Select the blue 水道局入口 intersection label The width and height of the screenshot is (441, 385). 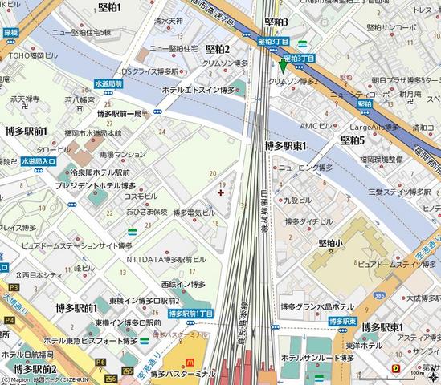(x=38, y=161)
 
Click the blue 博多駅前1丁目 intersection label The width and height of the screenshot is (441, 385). (x=190, y=314)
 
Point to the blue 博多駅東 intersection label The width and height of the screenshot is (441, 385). (x=342, y=320)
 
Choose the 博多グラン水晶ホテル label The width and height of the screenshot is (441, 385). (x=317, y=306)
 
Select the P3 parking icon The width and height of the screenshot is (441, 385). (x=13, y=286)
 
